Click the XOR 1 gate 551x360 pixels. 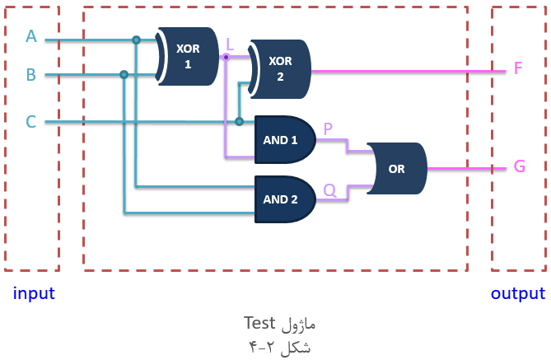click(188, 56)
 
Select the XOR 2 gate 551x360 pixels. click(280, 69)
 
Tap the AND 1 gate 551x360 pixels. click(285, 139)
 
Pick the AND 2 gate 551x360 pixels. click(285, 199)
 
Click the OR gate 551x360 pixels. click(397, 168)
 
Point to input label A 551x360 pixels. click(31, 36)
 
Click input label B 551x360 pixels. click(31, 74)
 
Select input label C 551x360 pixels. click(31, 122)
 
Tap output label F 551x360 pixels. click(518, 68)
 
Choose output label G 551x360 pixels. click(520, 166)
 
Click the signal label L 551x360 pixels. click(230, 44)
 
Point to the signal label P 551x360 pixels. click(328, 129)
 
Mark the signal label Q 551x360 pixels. click(329, 190)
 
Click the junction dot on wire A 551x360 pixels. click(137, 40)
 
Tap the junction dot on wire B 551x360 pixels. click(124, 74)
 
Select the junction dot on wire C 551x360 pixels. click(240, 122)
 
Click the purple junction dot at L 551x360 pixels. click(226, 57)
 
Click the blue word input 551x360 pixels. click(34, 293)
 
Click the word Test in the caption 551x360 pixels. click(259, 323)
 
